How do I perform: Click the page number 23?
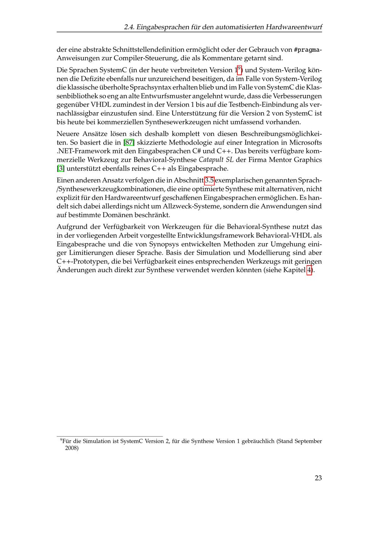(318, 478)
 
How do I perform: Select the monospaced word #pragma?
(307, 50)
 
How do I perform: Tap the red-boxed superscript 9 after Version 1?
(239, 70)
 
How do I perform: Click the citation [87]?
(129, 143)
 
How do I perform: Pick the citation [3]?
(61, 169)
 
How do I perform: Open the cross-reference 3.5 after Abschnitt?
(209, 180)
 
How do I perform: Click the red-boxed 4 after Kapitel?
(309, 271)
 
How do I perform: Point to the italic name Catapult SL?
(216, 160)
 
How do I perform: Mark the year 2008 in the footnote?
(72, 448)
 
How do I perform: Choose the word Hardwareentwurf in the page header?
(294, 27)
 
